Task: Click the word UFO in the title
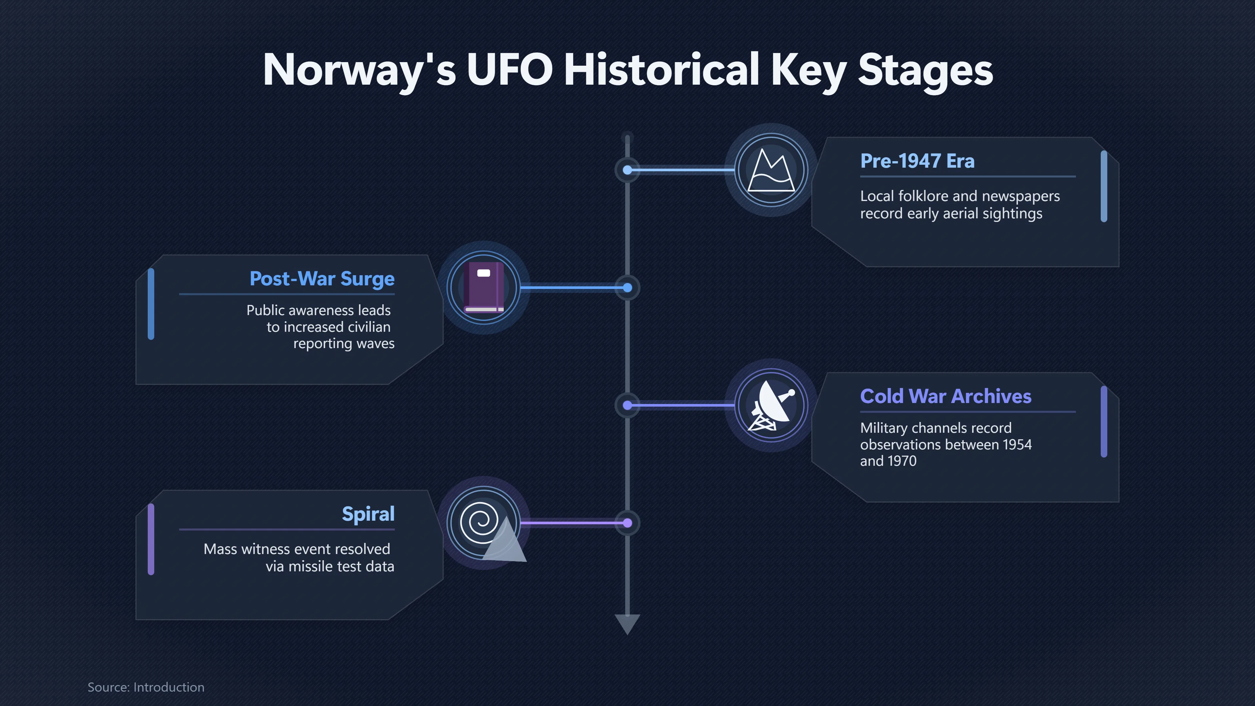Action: (x=510, y=69)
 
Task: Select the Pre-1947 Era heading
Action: (x=917, y=161)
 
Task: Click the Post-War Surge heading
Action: (x=322, y=279)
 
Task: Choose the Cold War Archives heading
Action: (x=945, y=396)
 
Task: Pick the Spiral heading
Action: (x=368, y=514)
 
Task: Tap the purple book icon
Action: (x=483, y=288)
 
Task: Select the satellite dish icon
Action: (x=772, y=405)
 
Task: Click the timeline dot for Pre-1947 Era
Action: (x=627, y=170)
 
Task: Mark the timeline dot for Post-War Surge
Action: (x=627, y=288)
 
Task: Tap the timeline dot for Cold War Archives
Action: (x=627, y=405)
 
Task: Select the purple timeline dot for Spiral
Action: (x=627, y=523)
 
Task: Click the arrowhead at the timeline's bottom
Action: (x=627, y=624)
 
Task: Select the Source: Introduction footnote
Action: (x=146, y=687)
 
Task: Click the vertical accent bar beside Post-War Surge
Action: (x=151, y=304)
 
